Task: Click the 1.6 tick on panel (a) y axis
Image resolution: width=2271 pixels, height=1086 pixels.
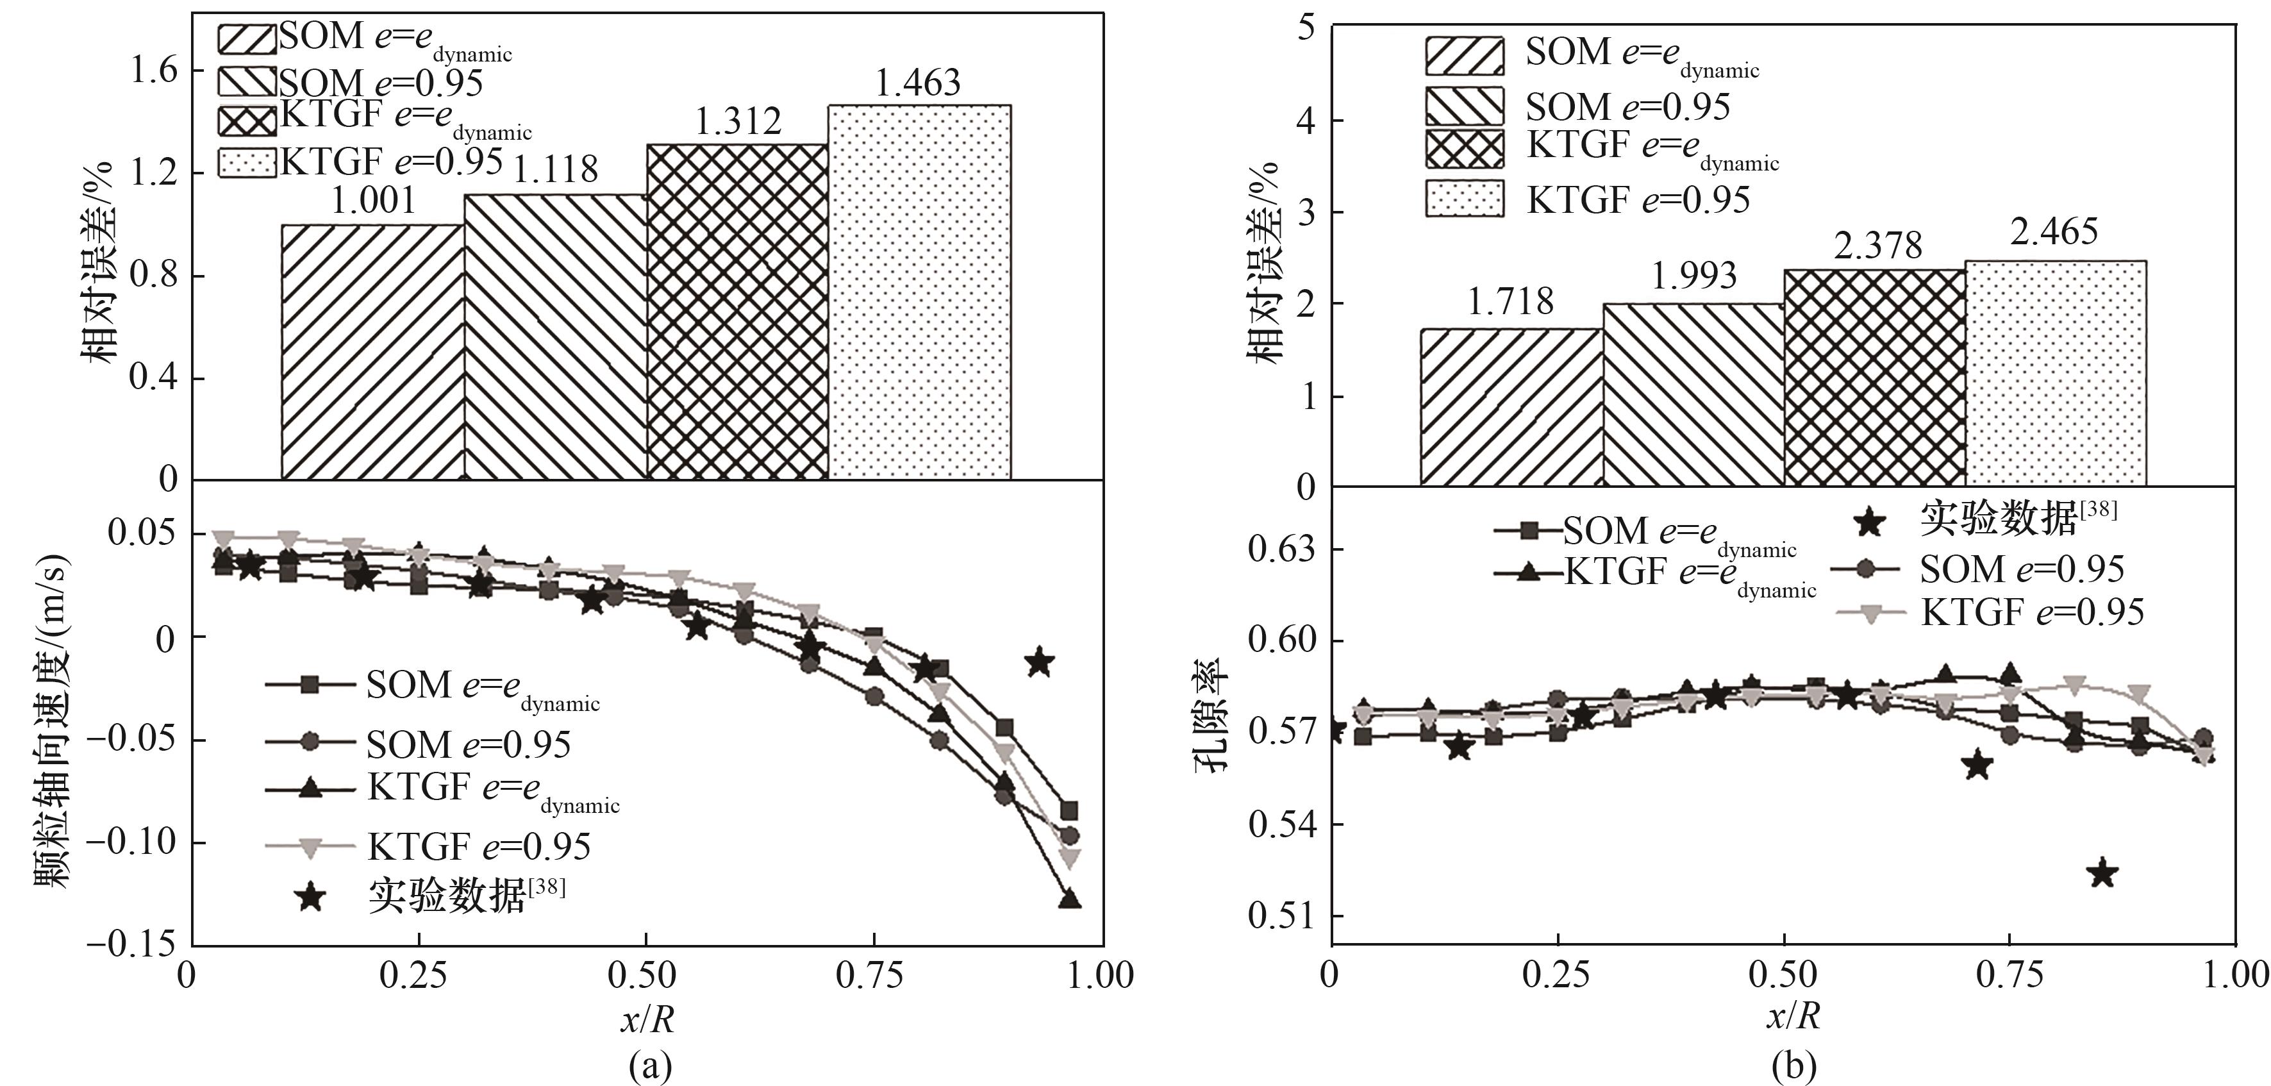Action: tap(154, 70)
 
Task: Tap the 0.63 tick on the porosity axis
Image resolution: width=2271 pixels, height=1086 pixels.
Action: tap(1281, 548)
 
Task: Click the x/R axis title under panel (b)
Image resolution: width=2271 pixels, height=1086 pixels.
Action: tap(1793, 1016)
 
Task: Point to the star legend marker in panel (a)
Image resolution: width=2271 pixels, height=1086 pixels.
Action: tap(310, 898)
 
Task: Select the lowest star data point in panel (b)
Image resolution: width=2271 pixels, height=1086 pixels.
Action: tap(2102, 874)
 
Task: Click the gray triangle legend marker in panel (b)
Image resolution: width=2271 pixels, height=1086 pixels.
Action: tap(1872, 614)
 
